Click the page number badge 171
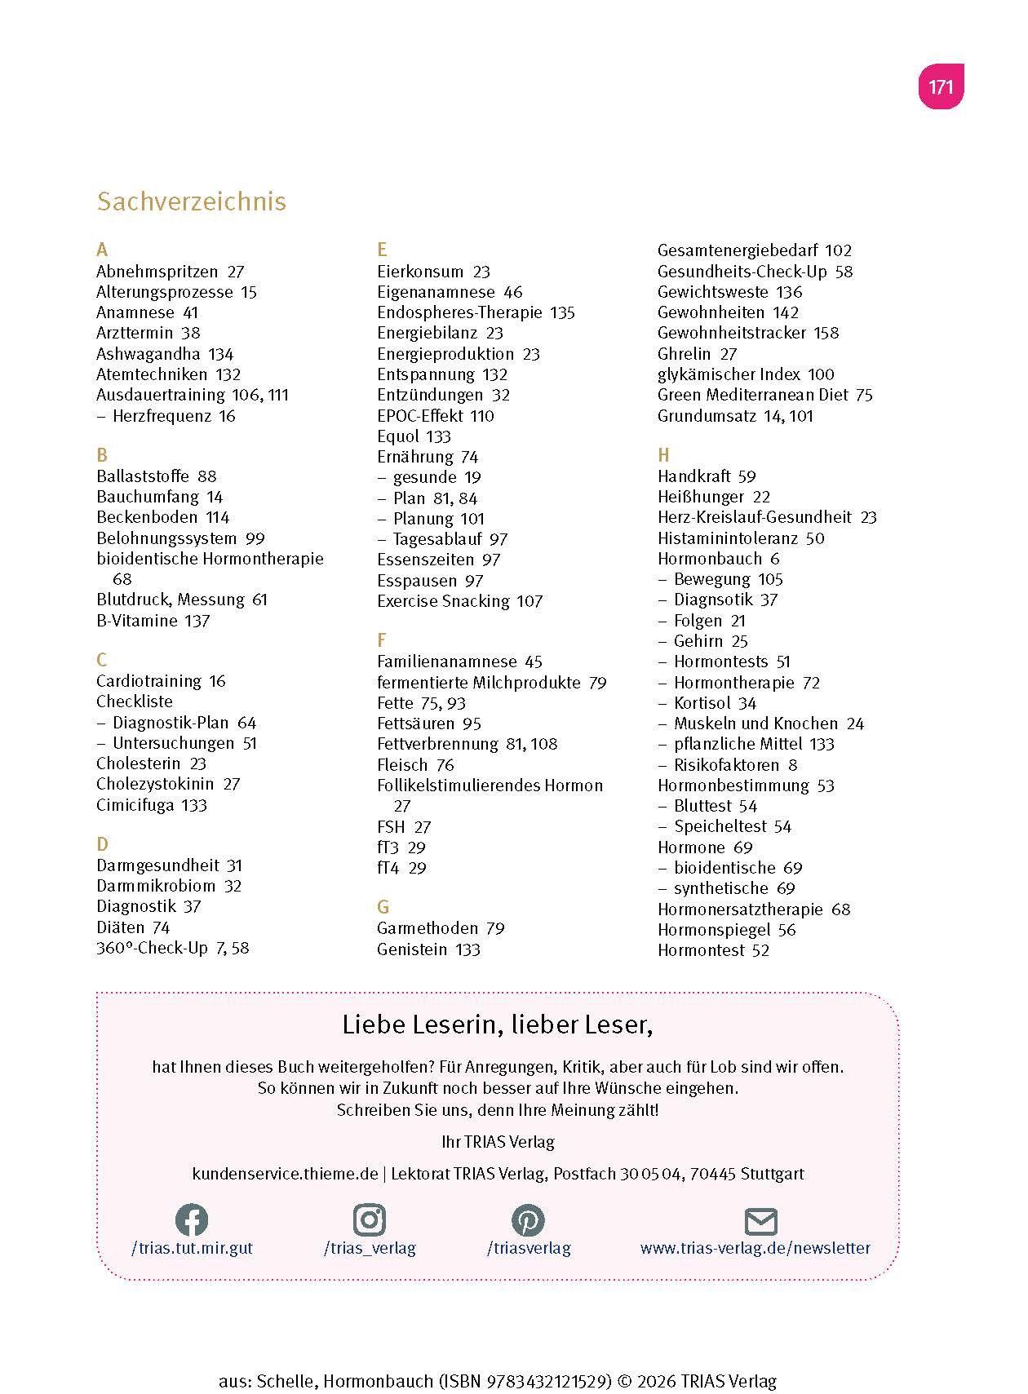[941, 86]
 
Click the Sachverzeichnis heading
[191, 201]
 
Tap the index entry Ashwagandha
[148, 354]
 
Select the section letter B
[102, 455]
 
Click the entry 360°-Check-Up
[152, 948]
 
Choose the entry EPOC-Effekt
[419, 416]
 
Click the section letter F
[381, 640]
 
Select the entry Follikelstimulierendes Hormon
[490, 786]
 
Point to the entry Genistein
[412, 949]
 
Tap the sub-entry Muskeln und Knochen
[755, 724]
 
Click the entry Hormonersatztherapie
[740, 909]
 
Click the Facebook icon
[192, 1220]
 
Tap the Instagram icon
[370, 1220]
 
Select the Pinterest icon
[528, 1220]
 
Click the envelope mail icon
[760, 1222]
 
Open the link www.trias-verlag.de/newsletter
[755, 1248]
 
